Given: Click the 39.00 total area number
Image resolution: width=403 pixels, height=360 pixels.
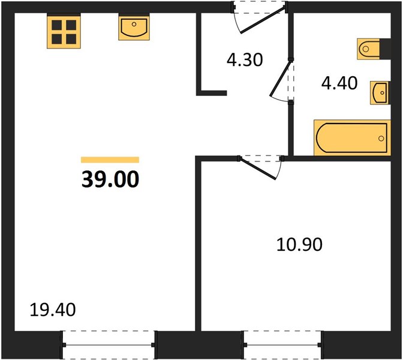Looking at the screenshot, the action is click(110, 179).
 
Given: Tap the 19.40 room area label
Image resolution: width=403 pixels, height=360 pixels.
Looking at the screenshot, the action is click(53, 310).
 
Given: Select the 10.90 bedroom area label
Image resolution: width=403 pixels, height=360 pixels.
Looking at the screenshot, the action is click(299, 244).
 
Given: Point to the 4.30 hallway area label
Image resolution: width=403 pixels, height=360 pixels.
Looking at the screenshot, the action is click(245, 59).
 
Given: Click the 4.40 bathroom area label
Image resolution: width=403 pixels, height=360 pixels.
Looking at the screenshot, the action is click(339, 83).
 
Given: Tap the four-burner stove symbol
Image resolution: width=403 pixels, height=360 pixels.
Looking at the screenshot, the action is click(64, 32).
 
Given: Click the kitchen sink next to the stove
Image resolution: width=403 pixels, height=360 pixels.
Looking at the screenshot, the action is click(134, 27).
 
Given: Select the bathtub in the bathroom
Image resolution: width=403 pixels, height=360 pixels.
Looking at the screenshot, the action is click(352, 138).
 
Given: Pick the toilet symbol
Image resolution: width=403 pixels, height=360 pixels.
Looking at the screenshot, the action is click(368, 49).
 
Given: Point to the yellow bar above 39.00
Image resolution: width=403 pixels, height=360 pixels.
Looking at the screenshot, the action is click(110, 160).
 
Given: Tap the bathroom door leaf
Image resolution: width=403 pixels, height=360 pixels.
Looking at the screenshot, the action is click(280, 78).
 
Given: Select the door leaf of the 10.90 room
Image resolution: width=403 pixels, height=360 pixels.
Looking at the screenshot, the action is click(257, 168).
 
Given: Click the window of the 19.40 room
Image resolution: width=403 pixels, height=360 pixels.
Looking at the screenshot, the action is click(109, 345).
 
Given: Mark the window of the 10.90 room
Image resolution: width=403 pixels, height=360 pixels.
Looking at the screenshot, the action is click(282, 345).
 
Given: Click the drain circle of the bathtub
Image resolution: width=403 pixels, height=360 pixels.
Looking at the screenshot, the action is click(381, 139).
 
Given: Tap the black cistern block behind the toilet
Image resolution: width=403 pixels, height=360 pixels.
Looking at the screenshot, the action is click(385, 49).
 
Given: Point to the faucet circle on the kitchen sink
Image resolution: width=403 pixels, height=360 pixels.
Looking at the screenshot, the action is click(134, 24).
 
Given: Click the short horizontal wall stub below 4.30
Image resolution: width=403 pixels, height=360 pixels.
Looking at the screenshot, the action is click(212, 93).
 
